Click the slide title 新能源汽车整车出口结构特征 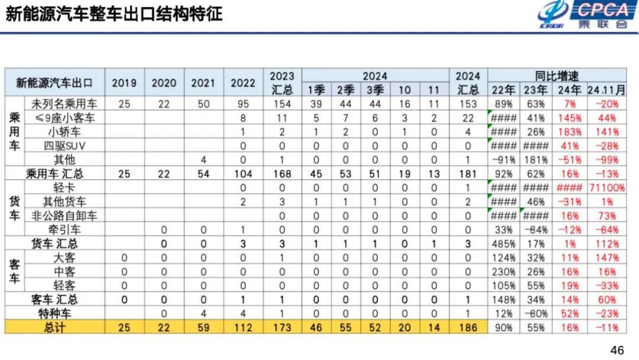(x=114, y=14)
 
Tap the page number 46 (x=617, y=350)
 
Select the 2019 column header (x=124, y=83)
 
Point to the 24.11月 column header (x=606, y=89)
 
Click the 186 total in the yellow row (x=467, y=327)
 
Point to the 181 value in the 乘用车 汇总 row (x=467, y=174)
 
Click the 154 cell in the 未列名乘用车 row (x=282, y=104)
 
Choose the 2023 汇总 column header (x=282, y=83)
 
